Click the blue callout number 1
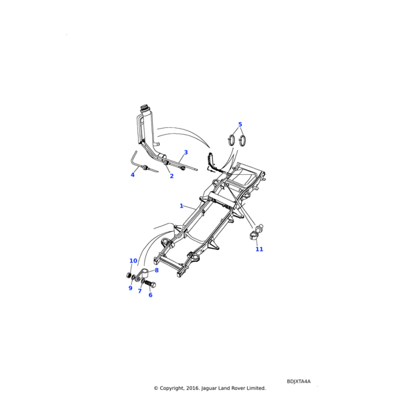click(181, 206)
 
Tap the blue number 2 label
click(172, 176)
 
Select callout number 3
click(186, 153)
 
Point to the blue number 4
click(133, 175)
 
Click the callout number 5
click(240, 125)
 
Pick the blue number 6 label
click(150, 295)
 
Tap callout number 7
click(139, 291)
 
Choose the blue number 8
click(157, 270)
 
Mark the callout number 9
click(131, 288)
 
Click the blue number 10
click(133, 261)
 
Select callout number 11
click(259, 249)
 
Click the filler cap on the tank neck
click(145, 107)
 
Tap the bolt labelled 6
click(149, 284)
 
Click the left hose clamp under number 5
click(230, 141)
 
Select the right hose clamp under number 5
click(243, 141)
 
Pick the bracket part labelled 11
click(257, 232)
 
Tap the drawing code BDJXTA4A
click(299, 381)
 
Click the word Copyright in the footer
click(175, 388)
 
